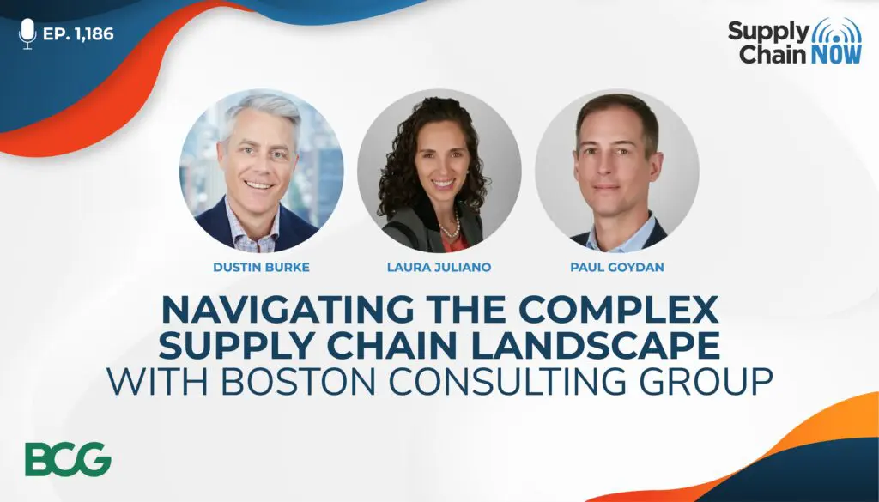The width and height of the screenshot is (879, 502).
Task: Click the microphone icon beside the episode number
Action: click(27, 33)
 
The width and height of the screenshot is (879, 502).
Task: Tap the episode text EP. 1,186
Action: click(78, 34)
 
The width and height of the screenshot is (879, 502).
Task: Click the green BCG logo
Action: click(68, 459)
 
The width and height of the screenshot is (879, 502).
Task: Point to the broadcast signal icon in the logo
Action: click(837, 31)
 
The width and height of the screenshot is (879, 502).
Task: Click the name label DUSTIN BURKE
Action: click(261, 267)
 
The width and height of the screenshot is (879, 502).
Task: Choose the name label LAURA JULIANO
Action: click(439, 267)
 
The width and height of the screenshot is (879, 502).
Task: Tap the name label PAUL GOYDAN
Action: click(617, 267)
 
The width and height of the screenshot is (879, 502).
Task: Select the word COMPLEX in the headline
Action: click(619, 309)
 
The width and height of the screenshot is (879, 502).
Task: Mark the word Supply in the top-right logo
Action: click(769, 33)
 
